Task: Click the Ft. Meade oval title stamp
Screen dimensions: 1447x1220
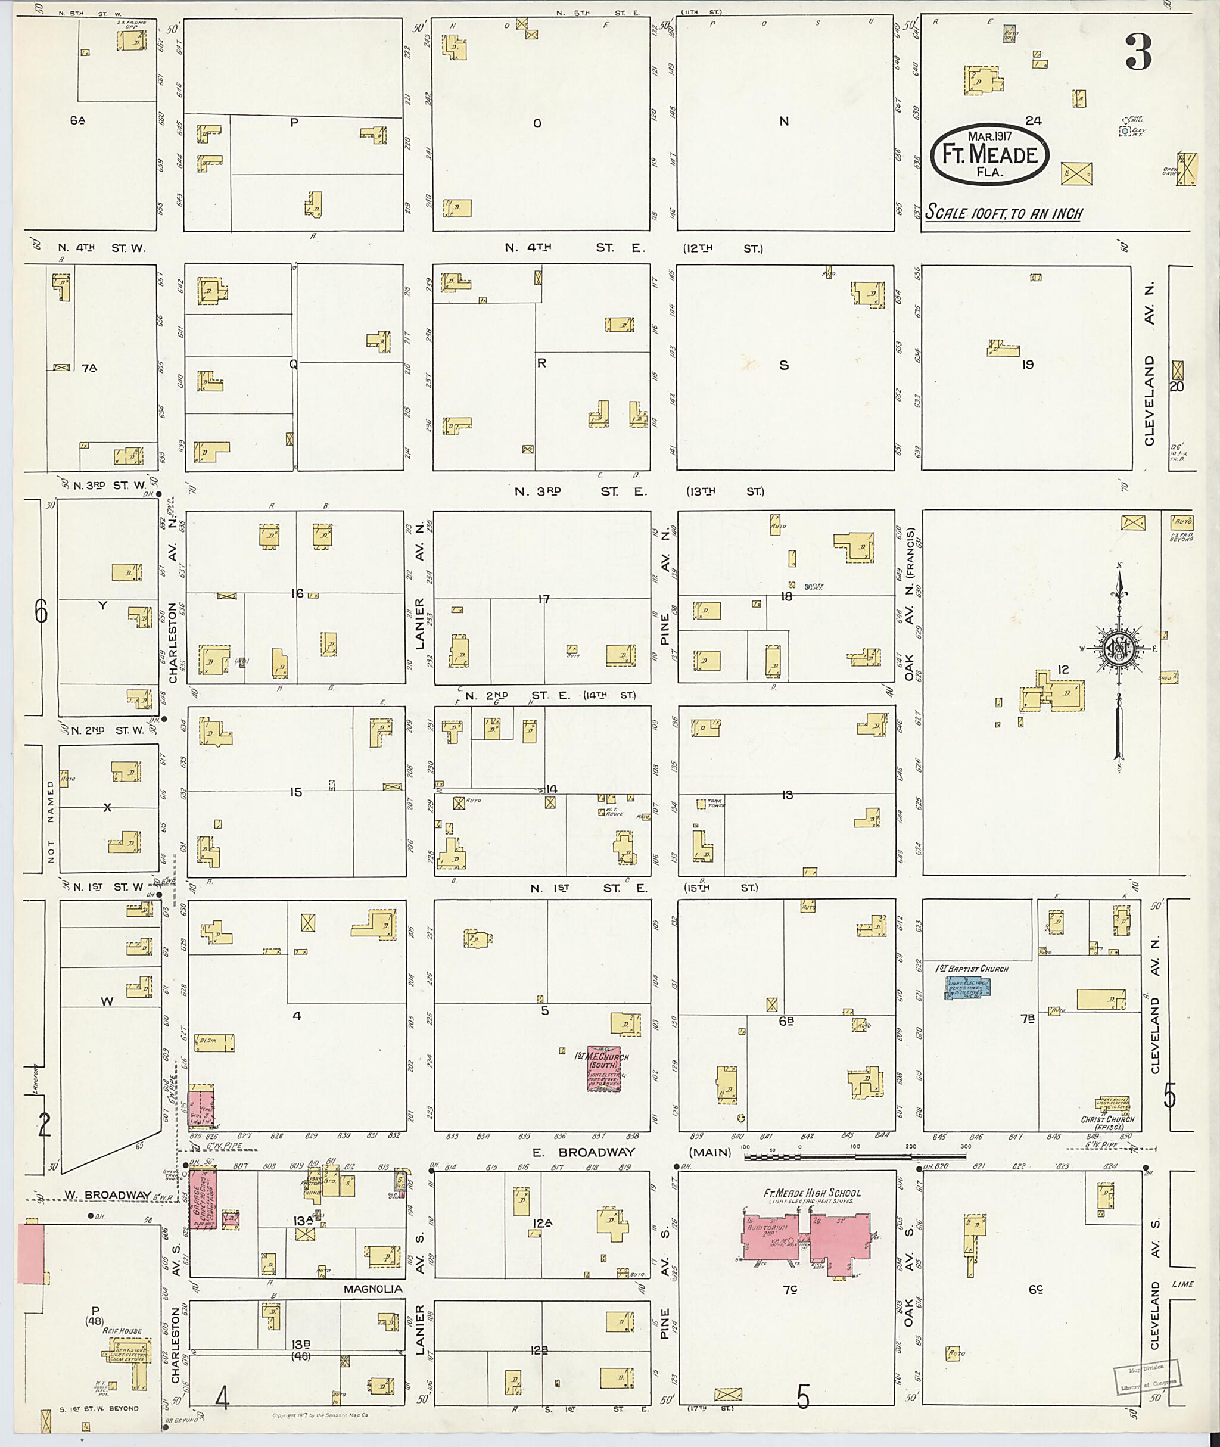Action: (989, 155)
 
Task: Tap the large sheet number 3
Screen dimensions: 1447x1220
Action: (1138, 52)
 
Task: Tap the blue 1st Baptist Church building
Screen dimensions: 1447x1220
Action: (967, 988)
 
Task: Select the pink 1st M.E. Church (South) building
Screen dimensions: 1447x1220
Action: (603, 1069)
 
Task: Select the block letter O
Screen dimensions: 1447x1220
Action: (537, 124)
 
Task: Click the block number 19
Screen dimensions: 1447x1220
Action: (1027, 365)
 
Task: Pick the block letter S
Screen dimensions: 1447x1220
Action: (783, 365)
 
